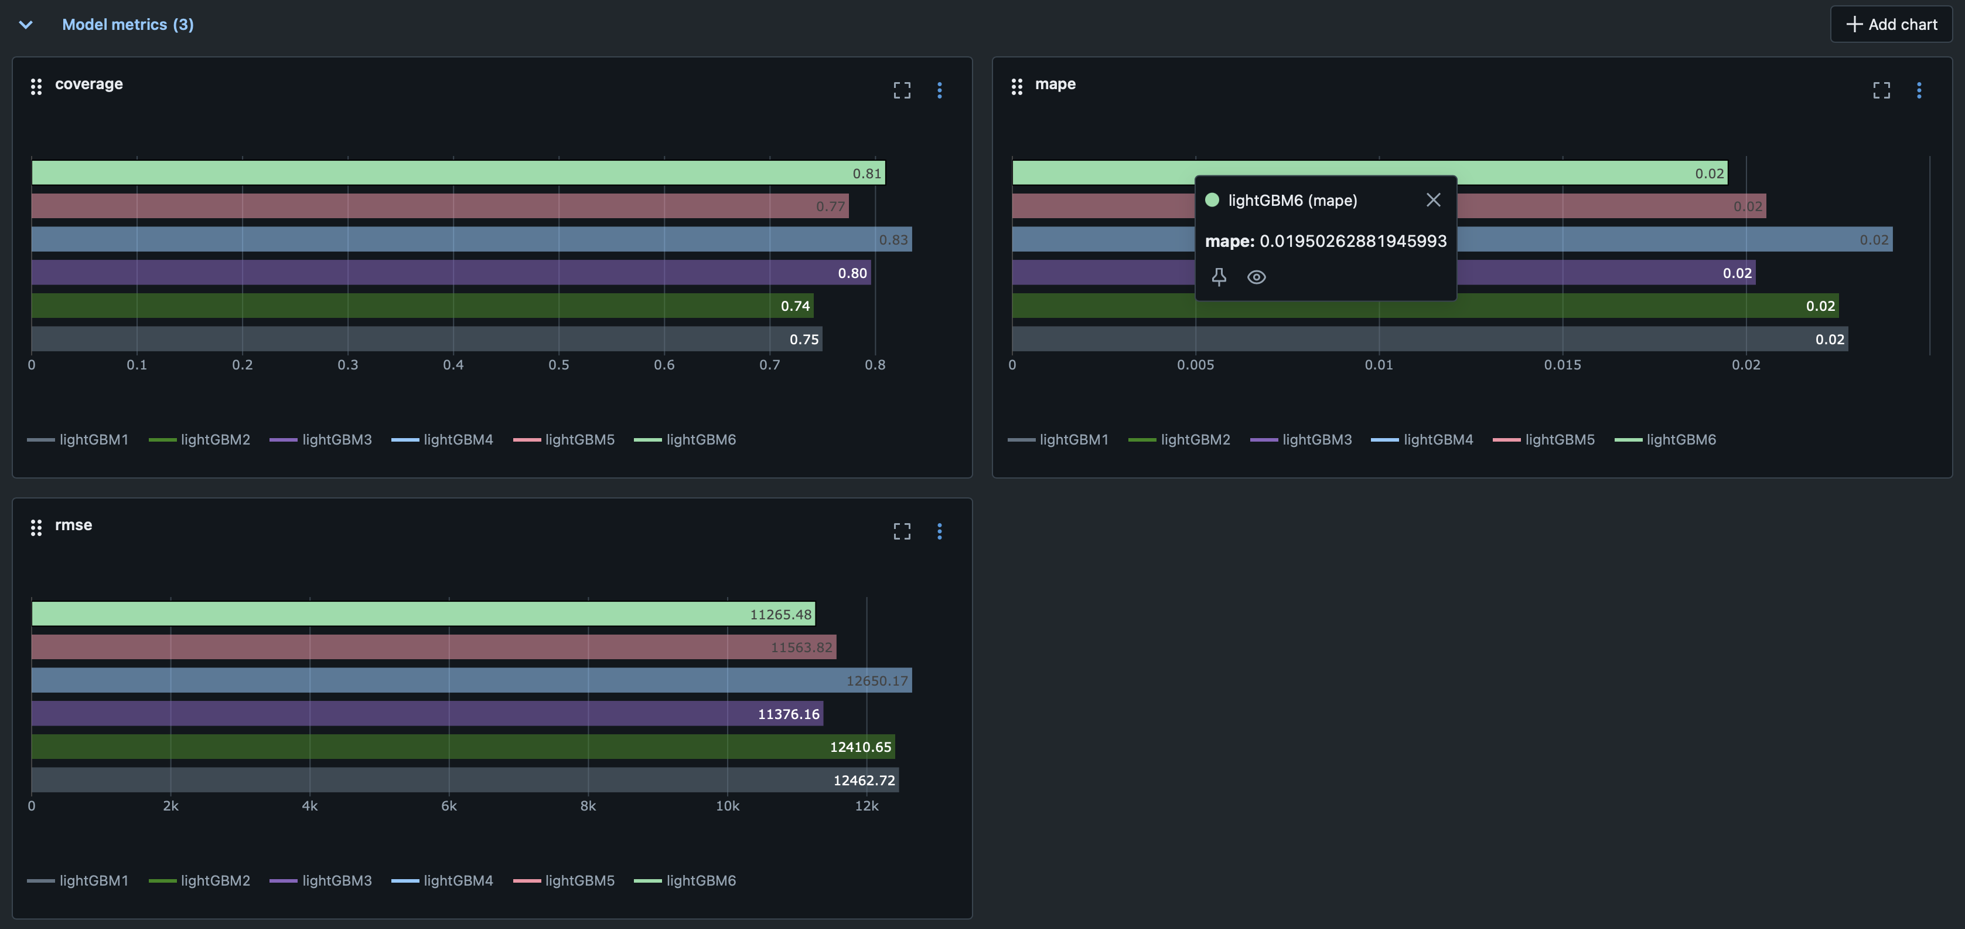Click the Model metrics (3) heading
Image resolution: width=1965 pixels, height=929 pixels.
point(127,25)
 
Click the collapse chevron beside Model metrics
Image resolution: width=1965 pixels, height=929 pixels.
point(26,25)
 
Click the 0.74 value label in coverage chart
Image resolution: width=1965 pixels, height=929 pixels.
point(795,306)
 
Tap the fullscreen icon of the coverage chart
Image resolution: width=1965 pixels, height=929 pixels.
point(902,90)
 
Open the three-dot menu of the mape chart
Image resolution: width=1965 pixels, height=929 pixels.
point(1919,90)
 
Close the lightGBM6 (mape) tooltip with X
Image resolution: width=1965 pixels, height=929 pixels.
point(1432,200)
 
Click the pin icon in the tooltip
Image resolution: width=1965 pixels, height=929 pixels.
point(1218,277)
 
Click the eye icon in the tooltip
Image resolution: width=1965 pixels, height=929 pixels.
point(1256,277)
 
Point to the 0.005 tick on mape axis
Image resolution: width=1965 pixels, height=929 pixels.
point(1195,365)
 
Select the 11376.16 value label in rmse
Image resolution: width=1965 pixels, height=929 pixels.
point(788,714)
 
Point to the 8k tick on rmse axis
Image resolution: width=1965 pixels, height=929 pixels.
point(588,806)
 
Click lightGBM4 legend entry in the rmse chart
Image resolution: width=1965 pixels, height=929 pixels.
point(457,880)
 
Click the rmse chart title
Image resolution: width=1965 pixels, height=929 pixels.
point(73,525)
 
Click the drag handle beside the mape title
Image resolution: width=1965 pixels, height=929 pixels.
point(1016,86)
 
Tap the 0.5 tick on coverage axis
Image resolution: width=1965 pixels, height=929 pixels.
point(558,365)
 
